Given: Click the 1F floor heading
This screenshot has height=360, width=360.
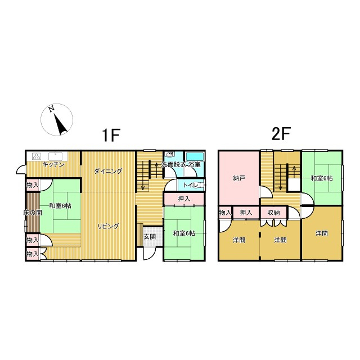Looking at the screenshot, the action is pos(111,135).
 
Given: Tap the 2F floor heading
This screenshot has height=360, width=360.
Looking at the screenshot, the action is pos(281,133).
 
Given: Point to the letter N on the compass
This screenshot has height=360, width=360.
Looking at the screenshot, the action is pos(51,109).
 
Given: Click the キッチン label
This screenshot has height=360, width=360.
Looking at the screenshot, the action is pos(53,165).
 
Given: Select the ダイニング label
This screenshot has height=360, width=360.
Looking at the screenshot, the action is pos(109,171).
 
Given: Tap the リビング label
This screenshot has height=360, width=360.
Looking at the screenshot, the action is pos(109,226).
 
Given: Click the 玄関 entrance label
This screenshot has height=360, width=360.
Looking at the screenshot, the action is pos(150,237).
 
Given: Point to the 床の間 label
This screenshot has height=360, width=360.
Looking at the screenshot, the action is pos(33,213).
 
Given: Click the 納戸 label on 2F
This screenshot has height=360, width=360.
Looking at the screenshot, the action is pos(238,178).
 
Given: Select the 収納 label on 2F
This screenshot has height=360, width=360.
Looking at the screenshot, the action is pos(274,213).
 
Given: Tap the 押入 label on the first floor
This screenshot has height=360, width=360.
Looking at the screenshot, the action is pos(184,199).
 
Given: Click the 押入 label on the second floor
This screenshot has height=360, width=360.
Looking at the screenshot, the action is pos(246,213).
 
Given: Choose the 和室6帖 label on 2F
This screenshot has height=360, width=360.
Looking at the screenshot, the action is pos(321,178).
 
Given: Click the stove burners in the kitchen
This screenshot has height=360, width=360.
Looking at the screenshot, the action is pos(37,156).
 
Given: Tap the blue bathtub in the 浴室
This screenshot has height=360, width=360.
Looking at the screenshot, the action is pos(195,156).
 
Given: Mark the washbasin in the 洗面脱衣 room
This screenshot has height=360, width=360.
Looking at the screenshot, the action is pos(170,155).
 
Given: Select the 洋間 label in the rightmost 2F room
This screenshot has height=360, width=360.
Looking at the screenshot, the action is pos(321,233).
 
